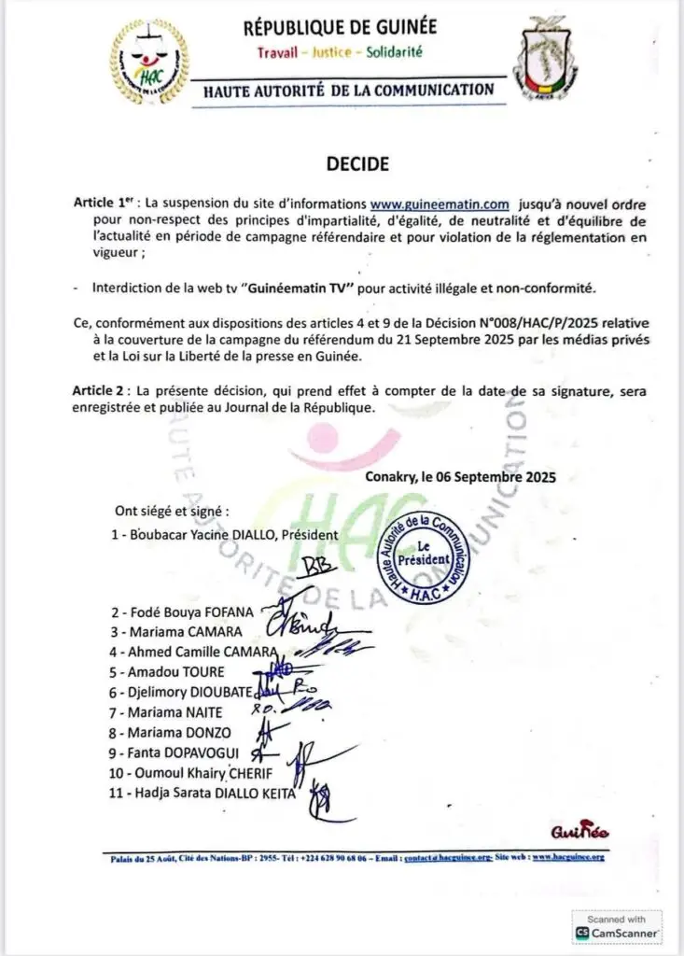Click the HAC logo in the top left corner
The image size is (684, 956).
point(148,63)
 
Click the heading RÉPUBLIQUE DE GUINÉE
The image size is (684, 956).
point(340,28)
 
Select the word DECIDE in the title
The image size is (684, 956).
point(357,163)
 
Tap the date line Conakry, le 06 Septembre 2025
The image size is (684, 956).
point(460,476)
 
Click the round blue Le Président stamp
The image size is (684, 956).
point(426,555)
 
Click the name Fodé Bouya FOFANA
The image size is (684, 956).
point(187,613)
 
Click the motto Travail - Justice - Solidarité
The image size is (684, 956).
point(340,52)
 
